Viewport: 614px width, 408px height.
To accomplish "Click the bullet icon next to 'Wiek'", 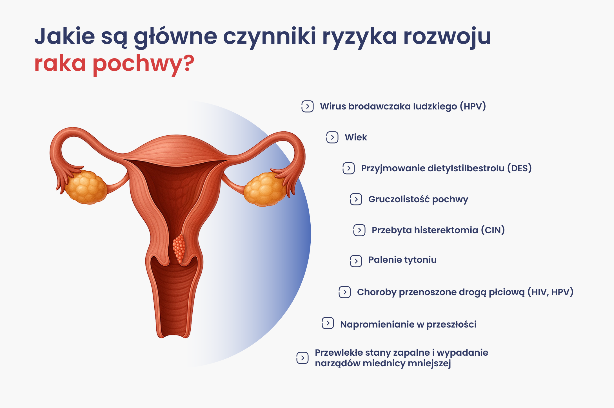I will [332, 137].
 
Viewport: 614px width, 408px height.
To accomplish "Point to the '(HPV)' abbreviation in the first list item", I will [473, 106].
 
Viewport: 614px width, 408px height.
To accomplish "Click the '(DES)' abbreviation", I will [519, 168].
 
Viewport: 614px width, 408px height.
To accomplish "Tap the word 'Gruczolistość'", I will [399, 199].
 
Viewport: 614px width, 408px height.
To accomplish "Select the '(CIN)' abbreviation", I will [493, 230].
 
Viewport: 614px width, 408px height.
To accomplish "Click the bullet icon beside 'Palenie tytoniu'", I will [356, 261].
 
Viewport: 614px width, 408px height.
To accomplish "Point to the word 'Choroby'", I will [377, 292].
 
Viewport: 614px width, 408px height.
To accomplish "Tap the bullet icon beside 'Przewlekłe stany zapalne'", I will [302, 358].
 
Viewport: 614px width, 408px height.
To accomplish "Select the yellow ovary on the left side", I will [87, 187].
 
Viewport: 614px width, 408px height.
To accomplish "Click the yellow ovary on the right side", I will [264, 189].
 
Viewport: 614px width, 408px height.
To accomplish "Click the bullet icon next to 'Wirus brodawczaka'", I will [308, 106].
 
